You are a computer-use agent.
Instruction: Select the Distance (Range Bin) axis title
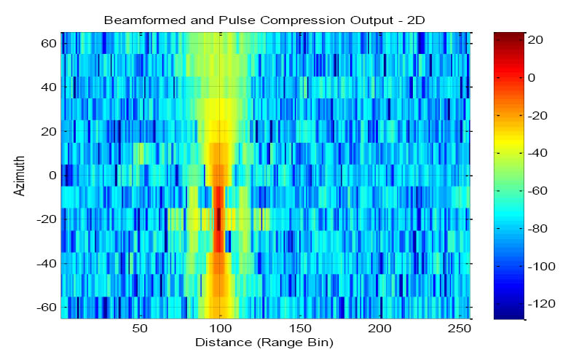click(267, 341)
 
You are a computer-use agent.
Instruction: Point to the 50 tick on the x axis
click(140, 328)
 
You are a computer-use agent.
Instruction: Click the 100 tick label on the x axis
click(219, 328)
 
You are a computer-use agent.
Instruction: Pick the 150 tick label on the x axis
click(299, 328)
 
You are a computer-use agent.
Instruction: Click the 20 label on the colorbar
click(536, 41)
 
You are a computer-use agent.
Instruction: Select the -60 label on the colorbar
click(539, 190)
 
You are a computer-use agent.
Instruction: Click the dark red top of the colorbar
click(508, 36)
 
